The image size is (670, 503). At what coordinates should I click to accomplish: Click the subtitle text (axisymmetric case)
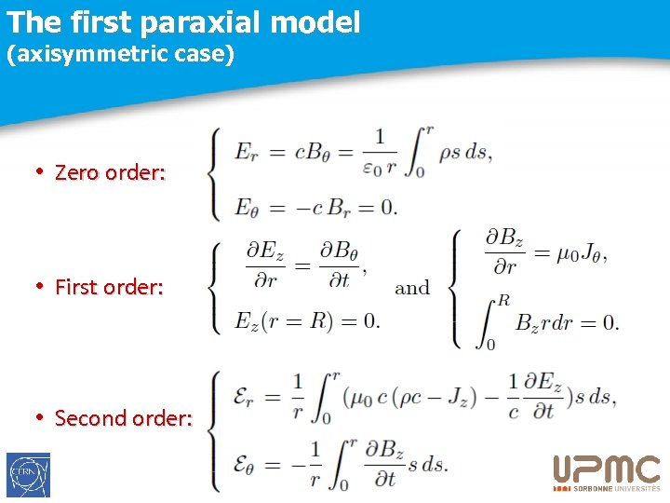pyautogui.click(x=120, y=54)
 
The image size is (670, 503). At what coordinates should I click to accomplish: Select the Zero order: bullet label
pyautogui.click(x=110, y=172)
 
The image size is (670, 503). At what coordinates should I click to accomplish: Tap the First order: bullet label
pyautogui.click(x=109, y=287)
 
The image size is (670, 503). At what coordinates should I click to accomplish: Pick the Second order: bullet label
pyautogui.click(x=123, y=418)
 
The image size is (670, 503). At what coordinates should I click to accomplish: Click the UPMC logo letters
pyautogui.click(x=606, y=469)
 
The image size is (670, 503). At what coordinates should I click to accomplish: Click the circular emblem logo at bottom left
pyautogui.click(x=28, y=475)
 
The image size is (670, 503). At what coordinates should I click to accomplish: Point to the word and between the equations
pyautogui.click(x=412, y=288)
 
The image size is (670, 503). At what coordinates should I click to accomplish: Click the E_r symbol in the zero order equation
pyautogui.click(x=248, y=151)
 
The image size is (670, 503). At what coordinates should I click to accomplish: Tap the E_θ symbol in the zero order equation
pyautogui.click(x=248, y=207)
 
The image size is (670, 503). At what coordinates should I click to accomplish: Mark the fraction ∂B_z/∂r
pyautogui.click(x=505, y=251)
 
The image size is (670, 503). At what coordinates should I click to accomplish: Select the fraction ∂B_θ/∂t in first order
pyautogui.click(x=339, y=265)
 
